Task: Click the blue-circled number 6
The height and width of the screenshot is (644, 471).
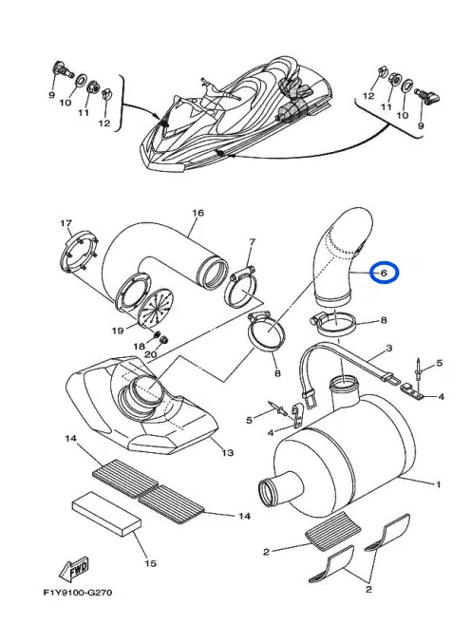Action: [x=384, y=273]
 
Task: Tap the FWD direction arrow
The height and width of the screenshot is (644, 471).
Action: [x=74, y=569]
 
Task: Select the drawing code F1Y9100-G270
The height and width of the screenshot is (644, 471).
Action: [x=78, y=593]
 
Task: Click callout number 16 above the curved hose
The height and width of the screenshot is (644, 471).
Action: [x=198, y=213]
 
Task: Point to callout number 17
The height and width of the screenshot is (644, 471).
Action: [x=66, y=223]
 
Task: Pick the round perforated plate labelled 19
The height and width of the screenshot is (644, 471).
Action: [x=157, y=309]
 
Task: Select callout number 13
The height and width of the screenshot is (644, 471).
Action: [x=228, y=453]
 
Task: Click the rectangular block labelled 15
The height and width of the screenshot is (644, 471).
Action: [x=106, y=514]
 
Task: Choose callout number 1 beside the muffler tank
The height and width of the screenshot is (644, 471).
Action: [x=438, y=484]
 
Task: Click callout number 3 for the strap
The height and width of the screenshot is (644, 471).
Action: [x=389, y=349]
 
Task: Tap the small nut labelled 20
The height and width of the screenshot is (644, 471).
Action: [x=164, y=340]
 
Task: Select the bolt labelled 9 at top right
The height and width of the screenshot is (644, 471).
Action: [x=427, y=96]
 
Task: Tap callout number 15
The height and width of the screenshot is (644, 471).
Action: [x=151, y=562]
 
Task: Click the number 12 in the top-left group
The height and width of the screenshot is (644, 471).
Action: [x=104, y=123]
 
